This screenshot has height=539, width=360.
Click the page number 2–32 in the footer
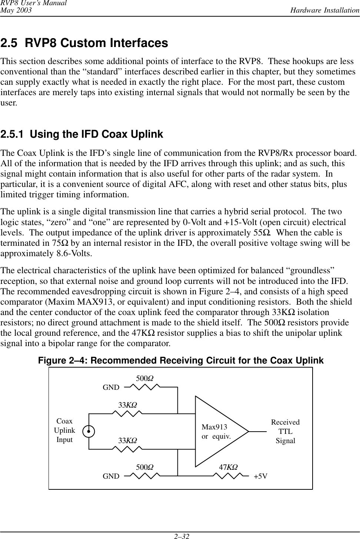[x=180, y=536]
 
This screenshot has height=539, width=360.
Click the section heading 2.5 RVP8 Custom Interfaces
[x=84, y=43]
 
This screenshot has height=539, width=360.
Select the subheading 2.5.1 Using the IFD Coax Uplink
[x=82, y=134]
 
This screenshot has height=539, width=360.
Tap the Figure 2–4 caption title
[x=181, y=361]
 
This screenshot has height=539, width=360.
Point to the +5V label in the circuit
[x=260, y=476]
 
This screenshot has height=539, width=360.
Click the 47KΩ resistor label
[x=228, y=467]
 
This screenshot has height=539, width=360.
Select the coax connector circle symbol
[x=89, y=431]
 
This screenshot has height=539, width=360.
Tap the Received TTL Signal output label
[x=285, y=432]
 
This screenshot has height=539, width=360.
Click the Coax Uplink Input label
[x=64, y=431]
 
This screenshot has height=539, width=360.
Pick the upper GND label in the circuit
[x=111, y=388]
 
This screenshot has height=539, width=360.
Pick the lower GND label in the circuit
[x=111, y=476]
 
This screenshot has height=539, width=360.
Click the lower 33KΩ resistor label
[x=127, y=441]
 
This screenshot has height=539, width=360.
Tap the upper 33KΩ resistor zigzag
[x=127, y=414]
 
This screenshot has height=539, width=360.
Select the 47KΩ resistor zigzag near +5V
[x=228, y=476]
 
